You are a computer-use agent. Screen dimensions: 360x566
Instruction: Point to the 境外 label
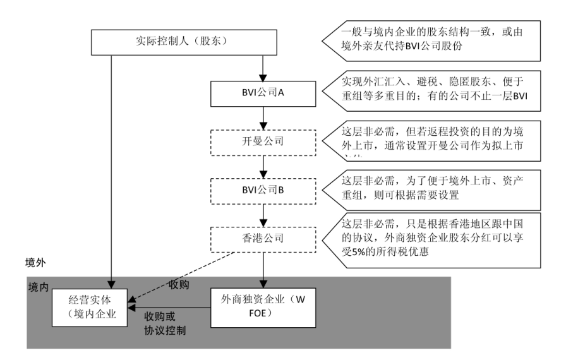tap(35, 261)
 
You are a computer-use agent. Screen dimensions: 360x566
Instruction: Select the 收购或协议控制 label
tap(162, 322)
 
